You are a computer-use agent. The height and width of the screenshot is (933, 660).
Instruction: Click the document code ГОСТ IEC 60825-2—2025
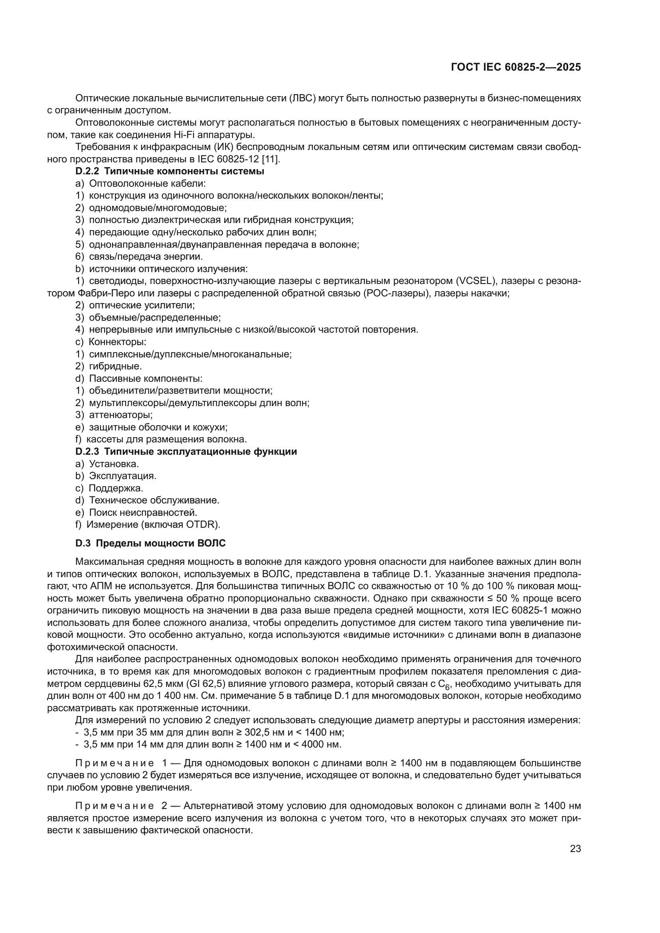(x=516, y=67)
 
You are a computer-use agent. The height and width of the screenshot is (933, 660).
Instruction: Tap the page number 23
(x=575, y=848)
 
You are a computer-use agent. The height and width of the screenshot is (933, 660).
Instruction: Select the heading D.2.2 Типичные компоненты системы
(x=170, y=171)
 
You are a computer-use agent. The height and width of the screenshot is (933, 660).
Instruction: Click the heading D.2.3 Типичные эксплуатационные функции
(x=186, y=452)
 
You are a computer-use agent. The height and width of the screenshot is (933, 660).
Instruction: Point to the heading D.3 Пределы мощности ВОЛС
(x=150, y=543)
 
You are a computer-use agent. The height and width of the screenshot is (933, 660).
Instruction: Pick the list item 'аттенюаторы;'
(x=121, y=415)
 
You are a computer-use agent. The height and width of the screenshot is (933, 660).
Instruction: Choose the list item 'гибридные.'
(x=115, y=366)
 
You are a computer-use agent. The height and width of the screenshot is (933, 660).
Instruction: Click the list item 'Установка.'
(x=114, y=464)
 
